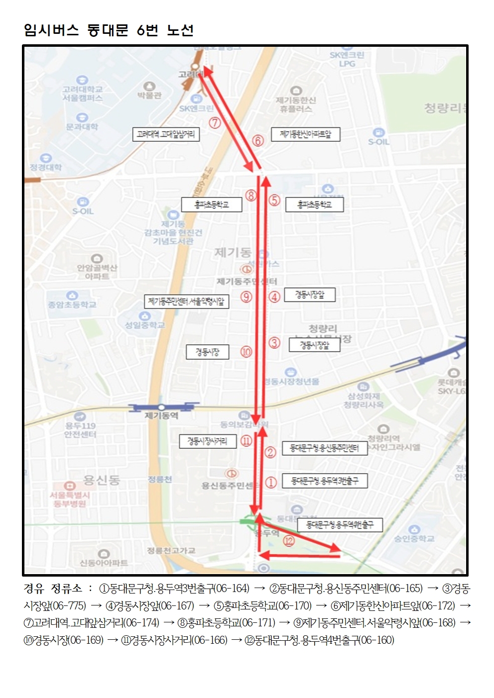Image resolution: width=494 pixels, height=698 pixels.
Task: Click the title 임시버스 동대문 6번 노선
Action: coord(109,30)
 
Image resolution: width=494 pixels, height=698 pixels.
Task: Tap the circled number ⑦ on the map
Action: coord(215,122)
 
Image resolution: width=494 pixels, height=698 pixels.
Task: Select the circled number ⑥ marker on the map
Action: coord(257,141)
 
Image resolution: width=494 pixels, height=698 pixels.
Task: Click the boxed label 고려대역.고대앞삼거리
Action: coord(166,134)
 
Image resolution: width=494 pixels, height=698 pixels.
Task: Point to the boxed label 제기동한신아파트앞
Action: coord(305,134)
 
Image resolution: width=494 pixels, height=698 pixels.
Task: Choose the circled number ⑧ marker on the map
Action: coord(251,196)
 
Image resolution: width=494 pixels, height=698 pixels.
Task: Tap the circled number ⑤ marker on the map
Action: coord(274,200)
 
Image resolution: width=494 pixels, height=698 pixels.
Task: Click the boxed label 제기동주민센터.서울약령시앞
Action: coord(186,301)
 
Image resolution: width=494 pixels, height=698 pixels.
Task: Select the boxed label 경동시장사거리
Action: coord(207,441)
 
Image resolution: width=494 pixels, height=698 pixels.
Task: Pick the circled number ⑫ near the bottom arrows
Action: coord(289,541)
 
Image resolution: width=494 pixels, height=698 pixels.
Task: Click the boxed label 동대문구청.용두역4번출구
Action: coord(340,525)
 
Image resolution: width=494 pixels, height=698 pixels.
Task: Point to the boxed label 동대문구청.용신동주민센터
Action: coord(324,448)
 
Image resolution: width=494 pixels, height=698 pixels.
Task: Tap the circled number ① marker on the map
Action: coord(270,482)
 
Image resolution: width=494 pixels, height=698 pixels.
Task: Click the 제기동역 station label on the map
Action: coord(161,415)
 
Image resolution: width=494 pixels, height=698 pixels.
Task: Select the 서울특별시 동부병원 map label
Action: coord(70,499)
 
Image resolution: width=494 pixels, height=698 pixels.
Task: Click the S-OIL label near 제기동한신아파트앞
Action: coord(379,142)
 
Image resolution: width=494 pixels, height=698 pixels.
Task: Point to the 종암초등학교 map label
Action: coord(72,304)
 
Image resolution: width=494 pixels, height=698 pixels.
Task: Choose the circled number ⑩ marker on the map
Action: coord(247,352)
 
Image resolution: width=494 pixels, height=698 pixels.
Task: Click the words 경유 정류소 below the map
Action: coord(53,589)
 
